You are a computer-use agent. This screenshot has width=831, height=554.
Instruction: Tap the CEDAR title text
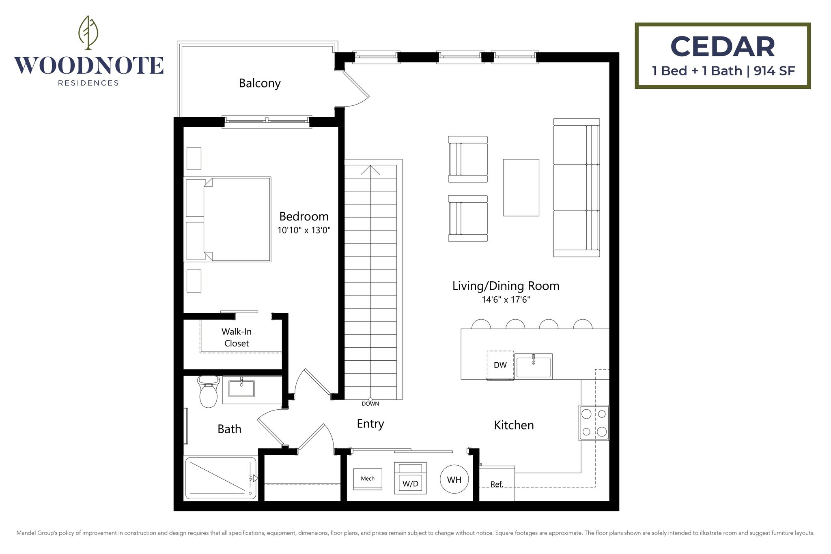tap(723, 47)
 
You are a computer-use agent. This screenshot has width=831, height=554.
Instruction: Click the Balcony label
tap(260, 83)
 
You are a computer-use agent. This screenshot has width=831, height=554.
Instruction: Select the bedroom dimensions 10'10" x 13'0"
tap(304, 230)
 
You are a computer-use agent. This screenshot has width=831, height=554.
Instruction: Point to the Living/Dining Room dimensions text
tap(506, 300)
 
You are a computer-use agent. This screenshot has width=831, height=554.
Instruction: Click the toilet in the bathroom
tap(209, 391)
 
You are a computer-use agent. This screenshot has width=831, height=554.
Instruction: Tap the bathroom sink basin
tap(241, 388)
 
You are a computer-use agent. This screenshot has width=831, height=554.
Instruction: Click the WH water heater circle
tap(454, 479)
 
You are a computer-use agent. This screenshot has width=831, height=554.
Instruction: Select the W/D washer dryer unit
tap(410, 479)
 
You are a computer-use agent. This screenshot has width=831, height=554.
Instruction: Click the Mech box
tap(368, 479)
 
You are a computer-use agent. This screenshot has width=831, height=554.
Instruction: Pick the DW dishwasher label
tap(500, 365)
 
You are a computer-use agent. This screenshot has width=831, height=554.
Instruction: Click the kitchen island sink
tap(534, 366)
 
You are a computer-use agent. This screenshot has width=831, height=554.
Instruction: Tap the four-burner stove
tap(594, 423)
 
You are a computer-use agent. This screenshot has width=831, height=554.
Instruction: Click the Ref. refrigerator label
tap(497, 484)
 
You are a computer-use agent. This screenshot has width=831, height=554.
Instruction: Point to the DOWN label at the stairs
tap(370, 404)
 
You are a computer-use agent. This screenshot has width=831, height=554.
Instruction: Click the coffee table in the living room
tap(521, 187)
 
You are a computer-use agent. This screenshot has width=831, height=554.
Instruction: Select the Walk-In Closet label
tap(237, 337)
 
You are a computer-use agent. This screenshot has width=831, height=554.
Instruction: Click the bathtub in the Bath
tap(221, 478)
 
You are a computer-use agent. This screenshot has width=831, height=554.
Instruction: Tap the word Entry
tap(370, 424)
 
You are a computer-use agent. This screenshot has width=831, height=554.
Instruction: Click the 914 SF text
tap(774, 71)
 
